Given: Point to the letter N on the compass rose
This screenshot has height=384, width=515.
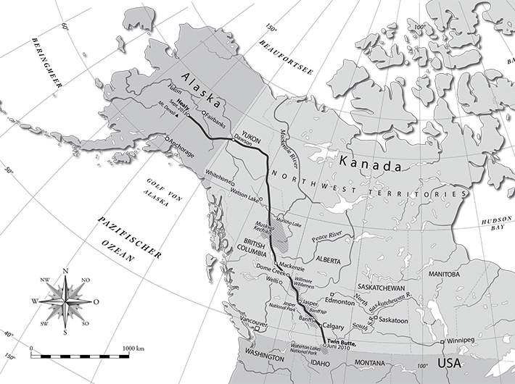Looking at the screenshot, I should [x=65, y=272].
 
